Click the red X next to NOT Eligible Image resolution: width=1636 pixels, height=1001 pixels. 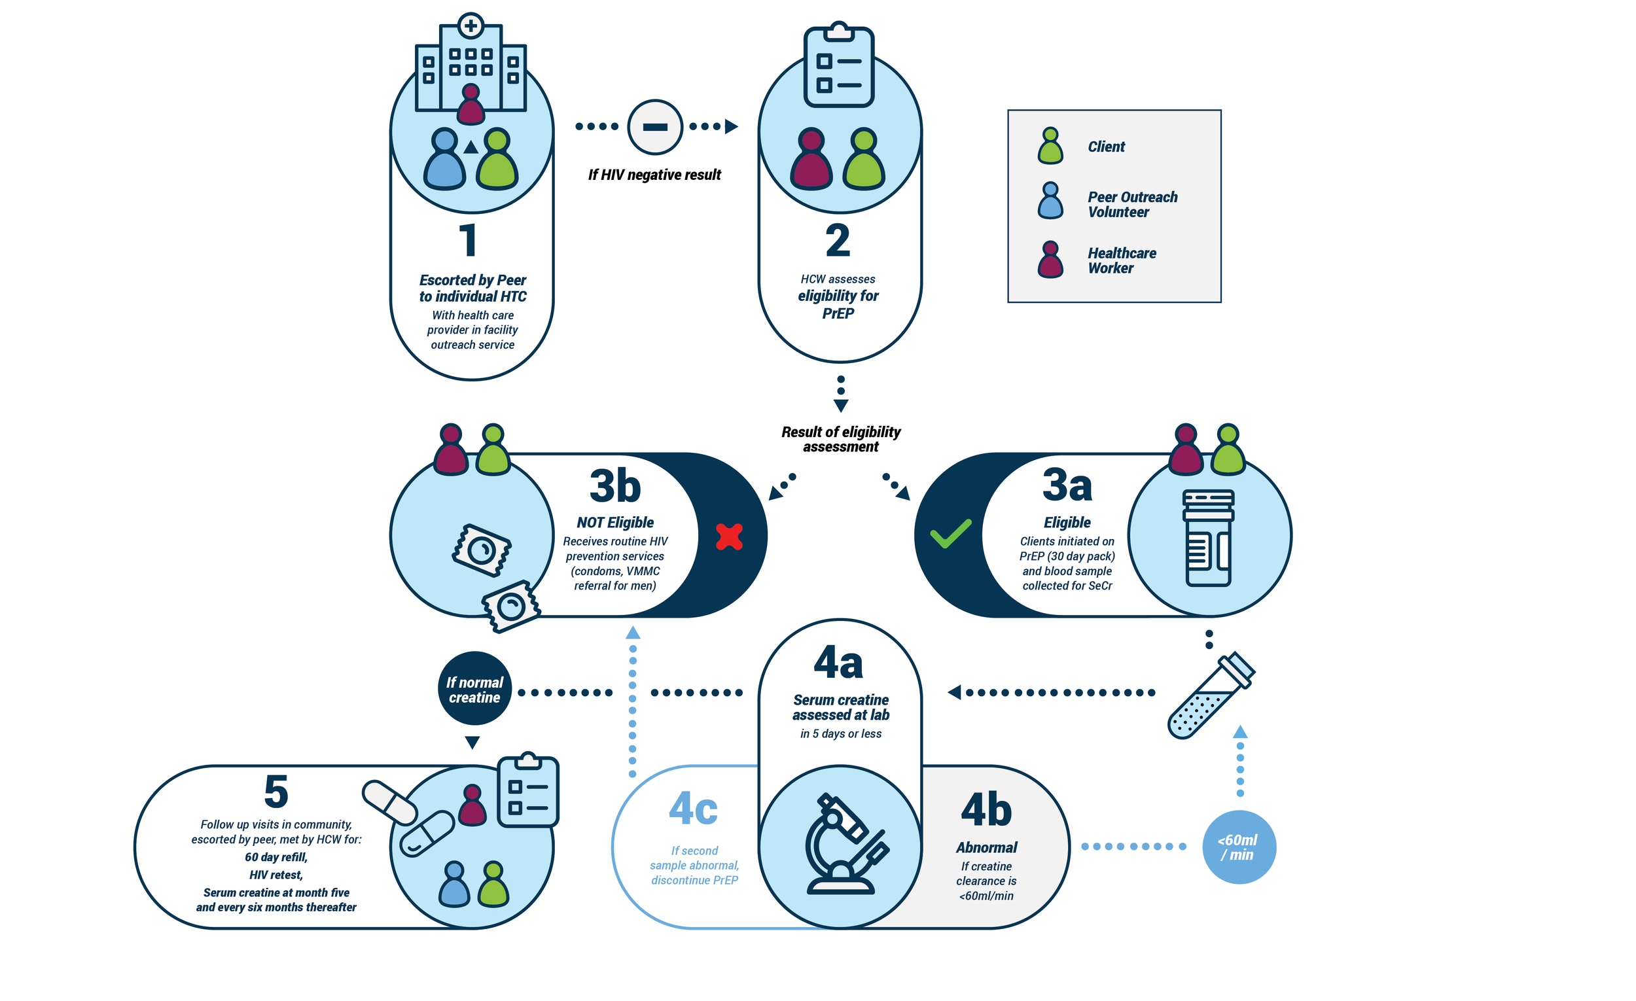(x=729, y=537)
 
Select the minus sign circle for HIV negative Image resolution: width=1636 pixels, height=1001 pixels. (x=654, y=127)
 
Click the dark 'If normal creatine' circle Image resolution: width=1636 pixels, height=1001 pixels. (x=474, y=688)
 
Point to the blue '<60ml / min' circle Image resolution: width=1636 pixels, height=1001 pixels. (x=1239, y=847)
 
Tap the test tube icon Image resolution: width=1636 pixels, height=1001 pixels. (x=1211, y=695)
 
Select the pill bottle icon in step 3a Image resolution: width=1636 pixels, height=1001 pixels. (x=1208, y=538)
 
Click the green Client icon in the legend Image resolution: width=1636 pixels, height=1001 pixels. (x=1050, y=145)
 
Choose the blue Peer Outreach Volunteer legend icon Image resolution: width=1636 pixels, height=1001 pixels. (x=1050, y=200)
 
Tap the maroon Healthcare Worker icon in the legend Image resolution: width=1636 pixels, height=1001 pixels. (x=1050, y=259)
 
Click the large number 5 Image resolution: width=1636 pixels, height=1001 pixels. (x=276, y=791)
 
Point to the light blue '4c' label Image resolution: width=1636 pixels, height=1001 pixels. (x=693, y=809)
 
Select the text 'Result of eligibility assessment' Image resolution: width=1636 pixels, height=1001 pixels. (x=840, y=440)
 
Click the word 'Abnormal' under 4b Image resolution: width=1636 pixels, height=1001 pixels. (x=987, y=848)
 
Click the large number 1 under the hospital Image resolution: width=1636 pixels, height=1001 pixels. (x=469, y=239)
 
